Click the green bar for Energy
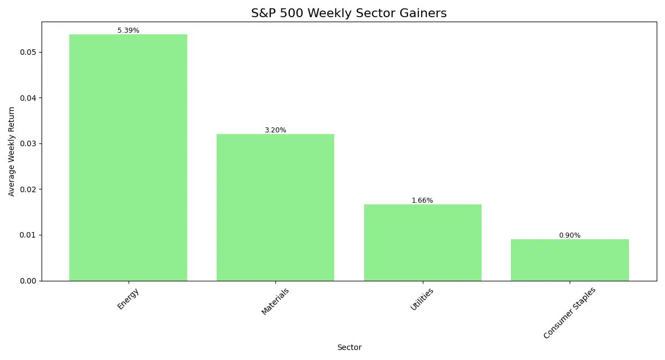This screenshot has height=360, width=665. click(128, 157)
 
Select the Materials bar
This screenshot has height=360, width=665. click(275, 207)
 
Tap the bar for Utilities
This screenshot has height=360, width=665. click(422, 242)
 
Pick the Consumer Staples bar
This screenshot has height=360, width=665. click(570, 260)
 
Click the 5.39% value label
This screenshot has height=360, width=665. click(128, 30)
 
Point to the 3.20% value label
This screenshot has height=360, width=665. click(275, 130)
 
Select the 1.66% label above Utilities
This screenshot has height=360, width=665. click(422, 200)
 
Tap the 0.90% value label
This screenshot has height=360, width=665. click(570, 235)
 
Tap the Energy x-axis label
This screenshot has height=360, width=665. click(128, 299)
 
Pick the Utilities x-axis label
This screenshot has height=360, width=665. click(422, 300)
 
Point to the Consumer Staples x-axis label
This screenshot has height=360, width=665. click(570, 313)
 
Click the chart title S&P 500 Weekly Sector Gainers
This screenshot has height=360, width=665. click(349, 13)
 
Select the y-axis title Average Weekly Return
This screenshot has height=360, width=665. click(11, 151)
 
